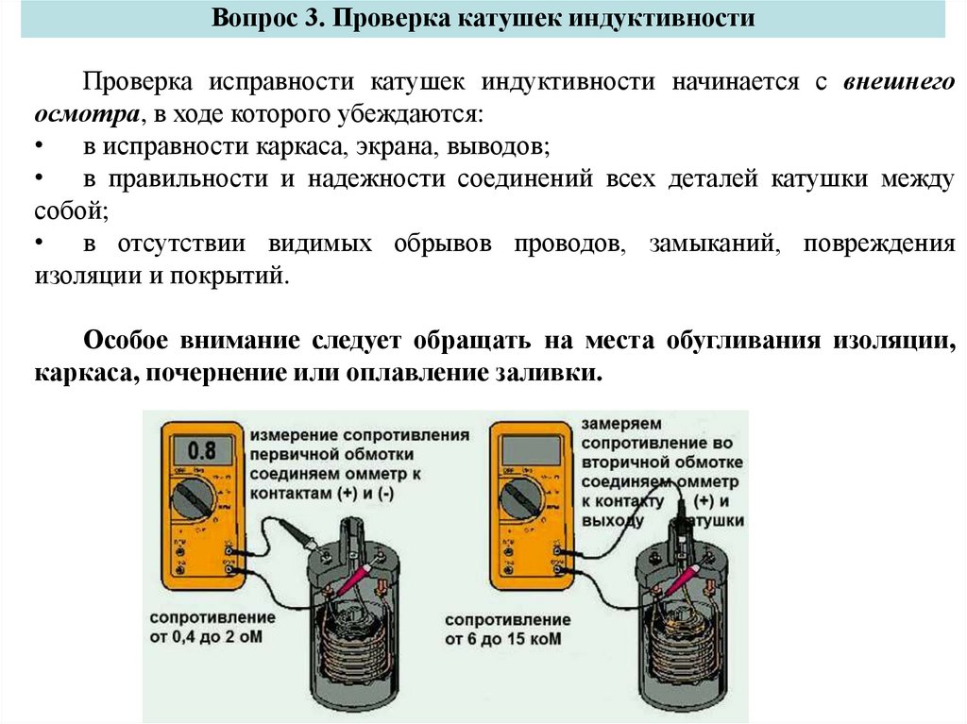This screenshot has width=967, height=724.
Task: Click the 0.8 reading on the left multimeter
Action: pyautogui.click(x=202, y=448)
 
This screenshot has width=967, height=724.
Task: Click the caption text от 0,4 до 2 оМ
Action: pyautogui.click(x=212, y=637)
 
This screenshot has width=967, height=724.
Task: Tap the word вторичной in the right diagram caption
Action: pyautogui.click(x=629, y=463)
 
